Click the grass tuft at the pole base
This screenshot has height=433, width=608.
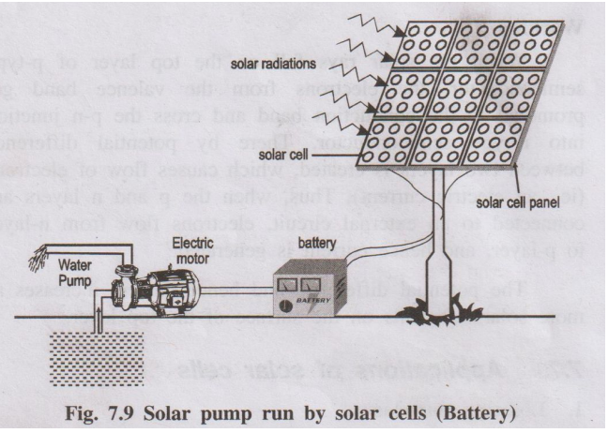(x=431, y=310)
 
